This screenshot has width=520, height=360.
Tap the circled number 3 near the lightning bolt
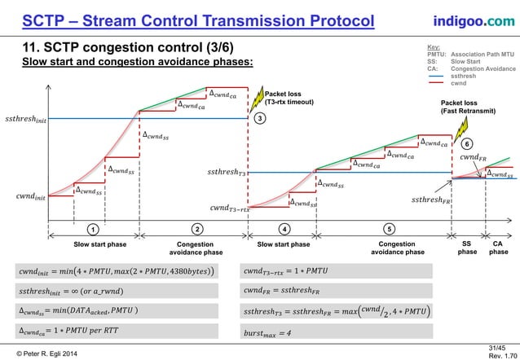coord(259,119)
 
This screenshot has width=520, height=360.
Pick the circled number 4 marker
coord(284,228)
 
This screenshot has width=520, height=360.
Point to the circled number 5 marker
coord(389,228)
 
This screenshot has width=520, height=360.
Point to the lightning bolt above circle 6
coord(460,129)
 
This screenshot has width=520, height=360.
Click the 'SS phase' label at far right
coord(467,248)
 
